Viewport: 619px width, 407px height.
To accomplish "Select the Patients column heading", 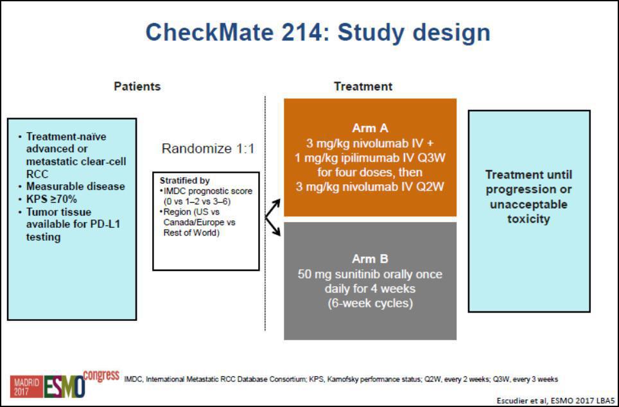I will click(x=137, y=86).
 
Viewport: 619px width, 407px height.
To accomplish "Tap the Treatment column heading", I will click(x=363, y=86).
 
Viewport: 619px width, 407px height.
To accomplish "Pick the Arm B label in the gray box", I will click(x=370, y=259).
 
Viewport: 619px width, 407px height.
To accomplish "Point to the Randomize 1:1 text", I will click(x=208, y=149).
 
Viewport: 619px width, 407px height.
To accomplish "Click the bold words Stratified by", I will click(x=184, y=180).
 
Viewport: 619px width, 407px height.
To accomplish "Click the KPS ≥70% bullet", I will click(x=51, y=200).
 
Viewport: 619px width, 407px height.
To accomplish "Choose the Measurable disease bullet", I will click(x=75, y=187).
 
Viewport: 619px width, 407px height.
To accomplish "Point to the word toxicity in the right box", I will click(x=528, y=219).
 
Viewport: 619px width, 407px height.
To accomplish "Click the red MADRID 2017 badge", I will click(x=26, y=386).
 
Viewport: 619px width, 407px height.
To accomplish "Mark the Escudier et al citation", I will click(x=557, y=401).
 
